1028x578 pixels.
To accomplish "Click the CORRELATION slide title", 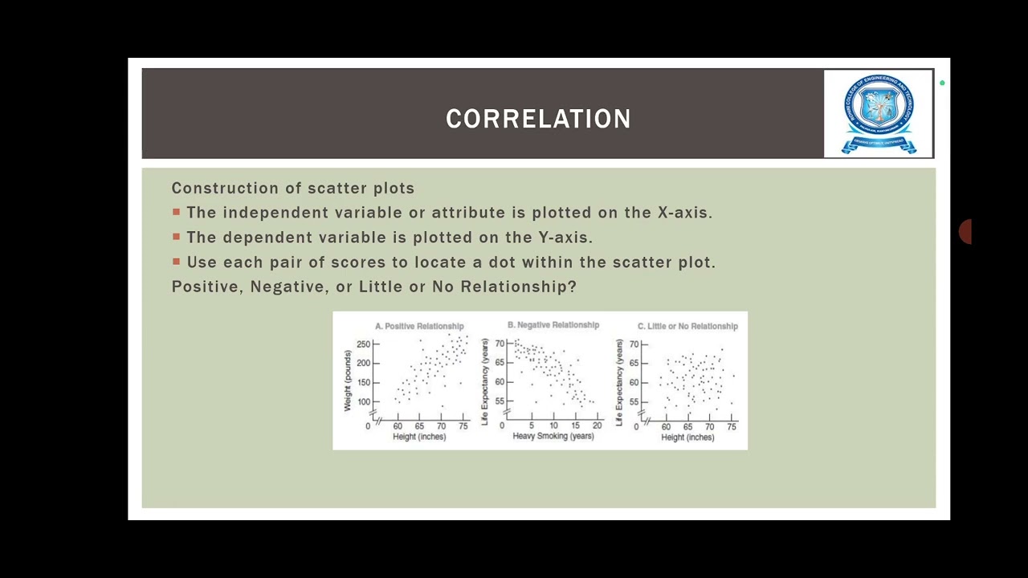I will tap(538, 119).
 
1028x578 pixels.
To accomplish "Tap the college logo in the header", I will tap(878, 113).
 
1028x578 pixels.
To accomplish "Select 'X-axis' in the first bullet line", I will tap(684, 213).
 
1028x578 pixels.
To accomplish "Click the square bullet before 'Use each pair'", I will tap(176, 262).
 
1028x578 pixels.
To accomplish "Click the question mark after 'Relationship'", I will tap(571, 287).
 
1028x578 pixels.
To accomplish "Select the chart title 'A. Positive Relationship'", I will tap(419, 326).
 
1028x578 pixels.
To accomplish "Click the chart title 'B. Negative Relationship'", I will tap(553, 325).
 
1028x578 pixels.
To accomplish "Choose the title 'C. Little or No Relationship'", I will tap(687, 326).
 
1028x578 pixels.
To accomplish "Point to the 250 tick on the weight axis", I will tap(363, 344).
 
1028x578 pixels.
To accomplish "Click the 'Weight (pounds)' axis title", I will tap(348, 381).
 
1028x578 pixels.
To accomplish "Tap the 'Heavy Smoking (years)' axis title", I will tap(553, 437).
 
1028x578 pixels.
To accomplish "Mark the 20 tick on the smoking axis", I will tap(597, 425).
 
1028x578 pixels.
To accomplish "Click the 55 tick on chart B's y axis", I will tap(499, 401).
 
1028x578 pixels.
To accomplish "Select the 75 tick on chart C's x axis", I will tap(732, 427).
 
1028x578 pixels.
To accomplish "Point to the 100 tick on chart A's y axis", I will tap(363, 402).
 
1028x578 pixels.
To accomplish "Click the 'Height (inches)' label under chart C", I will tap(687, 438).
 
